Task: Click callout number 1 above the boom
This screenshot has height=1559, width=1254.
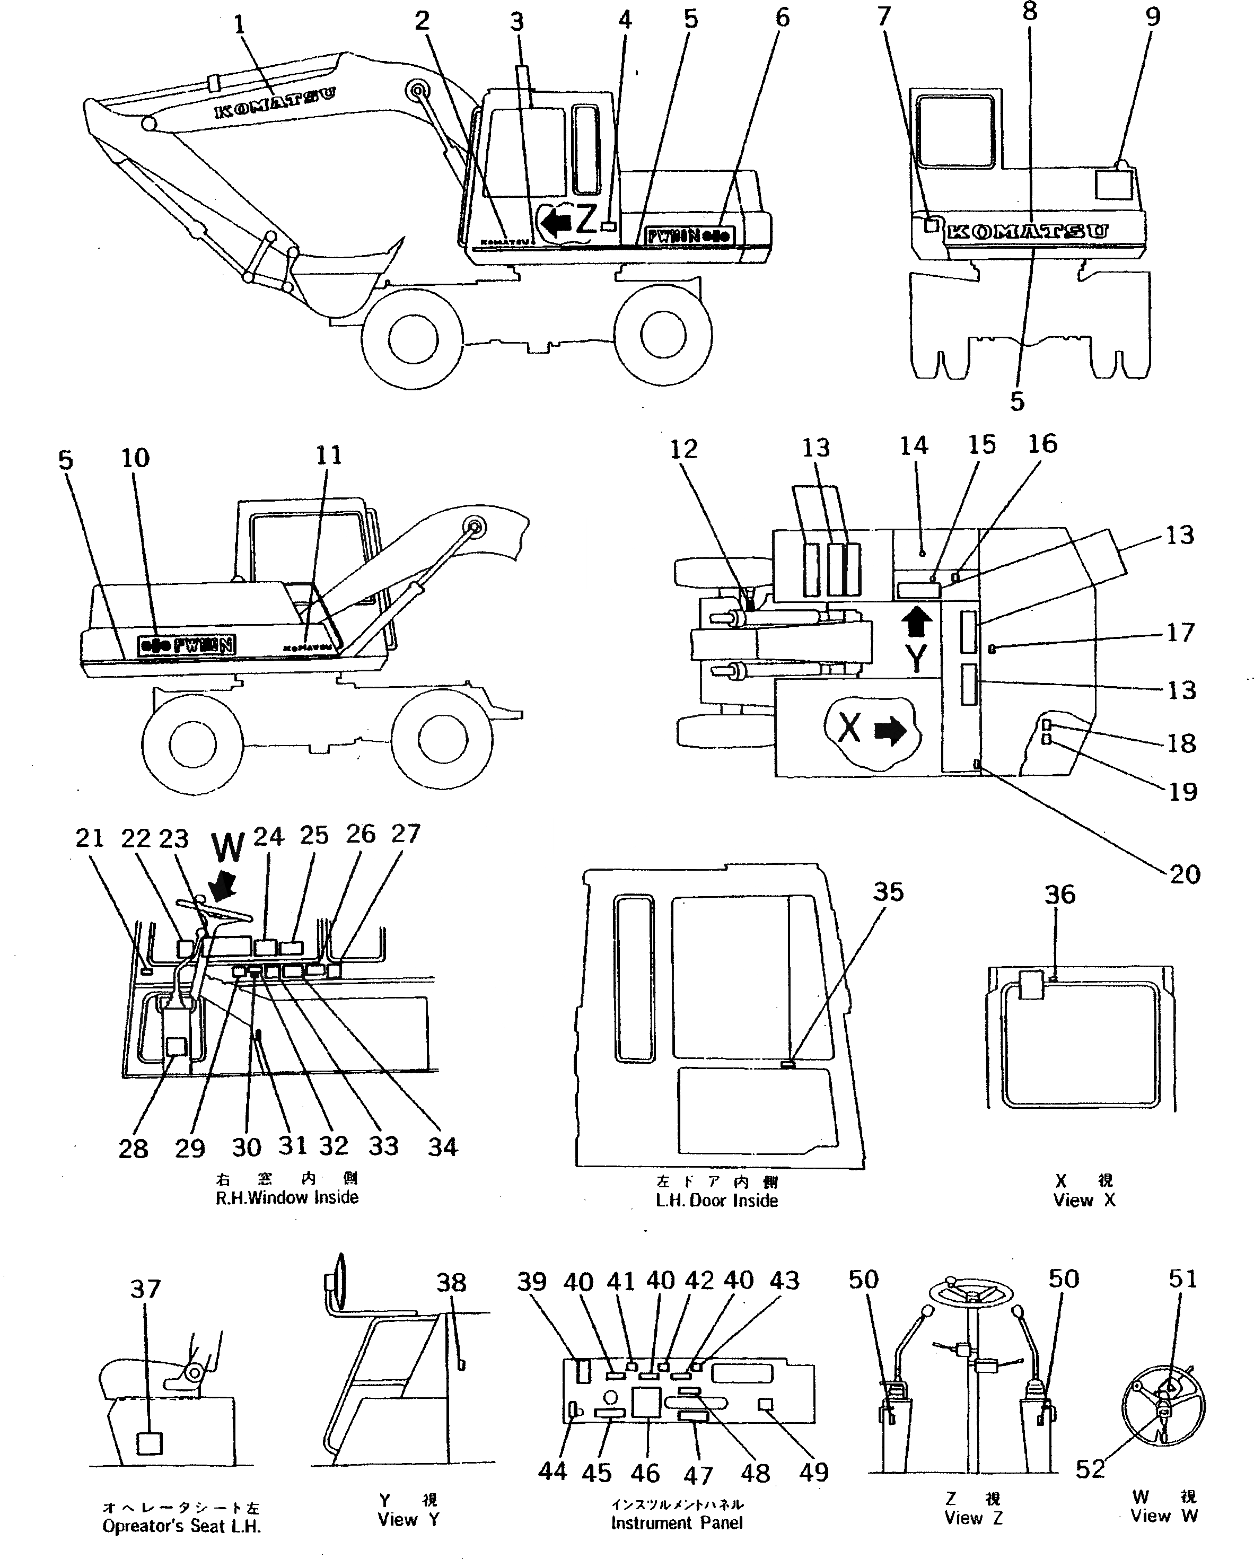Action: point(239,25)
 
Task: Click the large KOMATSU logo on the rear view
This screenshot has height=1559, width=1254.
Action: point(1027,231)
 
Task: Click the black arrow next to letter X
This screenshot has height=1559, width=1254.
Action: point(890,730)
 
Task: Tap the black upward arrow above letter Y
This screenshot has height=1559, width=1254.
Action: point(917,621)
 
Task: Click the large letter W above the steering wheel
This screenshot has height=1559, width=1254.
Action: point(229,847)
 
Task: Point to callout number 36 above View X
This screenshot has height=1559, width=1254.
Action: point(1059,895)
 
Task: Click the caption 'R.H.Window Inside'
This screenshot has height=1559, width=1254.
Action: point(287,1197)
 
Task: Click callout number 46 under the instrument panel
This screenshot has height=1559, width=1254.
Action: point(644,1473)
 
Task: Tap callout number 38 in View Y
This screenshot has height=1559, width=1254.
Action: point(451,1282)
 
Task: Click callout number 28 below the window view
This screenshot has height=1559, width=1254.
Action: point(133,1148)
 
